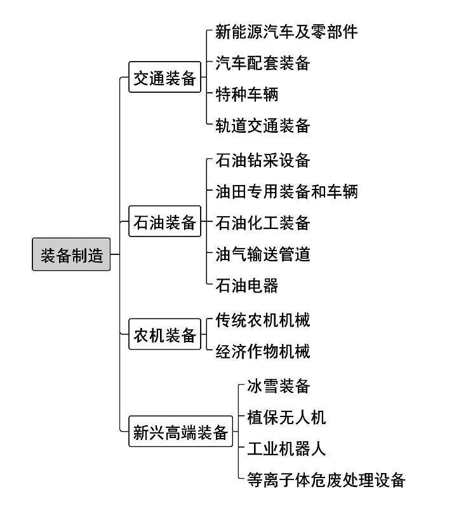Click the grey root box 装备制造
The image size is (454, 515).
(x=71, y=254)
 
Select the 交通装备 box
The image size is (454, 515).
(x=164, y=77)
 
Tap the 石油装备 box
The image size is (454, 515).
(x=164, y=221)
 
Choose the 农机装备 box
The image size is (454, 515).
(x=164, y=334)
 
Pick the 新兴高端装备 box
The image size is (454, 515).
(x=181, y=431)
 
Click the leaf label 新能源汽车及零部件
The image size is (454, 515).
(x=286, y=32)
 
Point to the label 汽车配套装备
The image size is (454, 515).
(x=262, y=63)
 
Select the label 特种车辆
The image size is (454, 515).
(x=246, y=94)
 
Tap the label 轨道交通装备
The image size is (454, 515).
(x=262, y=125)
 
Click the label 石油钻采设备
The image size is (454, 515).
(x=262, y=160)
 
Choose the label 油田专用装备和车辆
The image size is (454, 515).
(x=286, y=191)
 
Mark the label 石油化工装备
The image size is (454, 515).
(x=262, y=223)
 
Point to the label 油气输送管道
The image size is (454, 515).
(x=262, y=254)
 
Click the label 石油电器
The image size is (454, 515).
(x=246, y=285)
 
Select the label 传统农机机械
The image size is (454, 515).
(x=262, y=320)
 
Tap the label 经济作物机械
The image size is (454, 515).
(x=262, y=351)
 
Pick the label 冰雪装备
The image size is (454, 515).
(x=278, y=386)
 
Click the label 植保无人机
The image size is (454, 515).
(x=286, y=418)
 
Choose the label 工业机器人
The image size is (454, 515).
(x=286, y=449)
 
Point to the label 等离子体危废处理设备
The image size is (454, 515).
(x=326, y=480)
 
